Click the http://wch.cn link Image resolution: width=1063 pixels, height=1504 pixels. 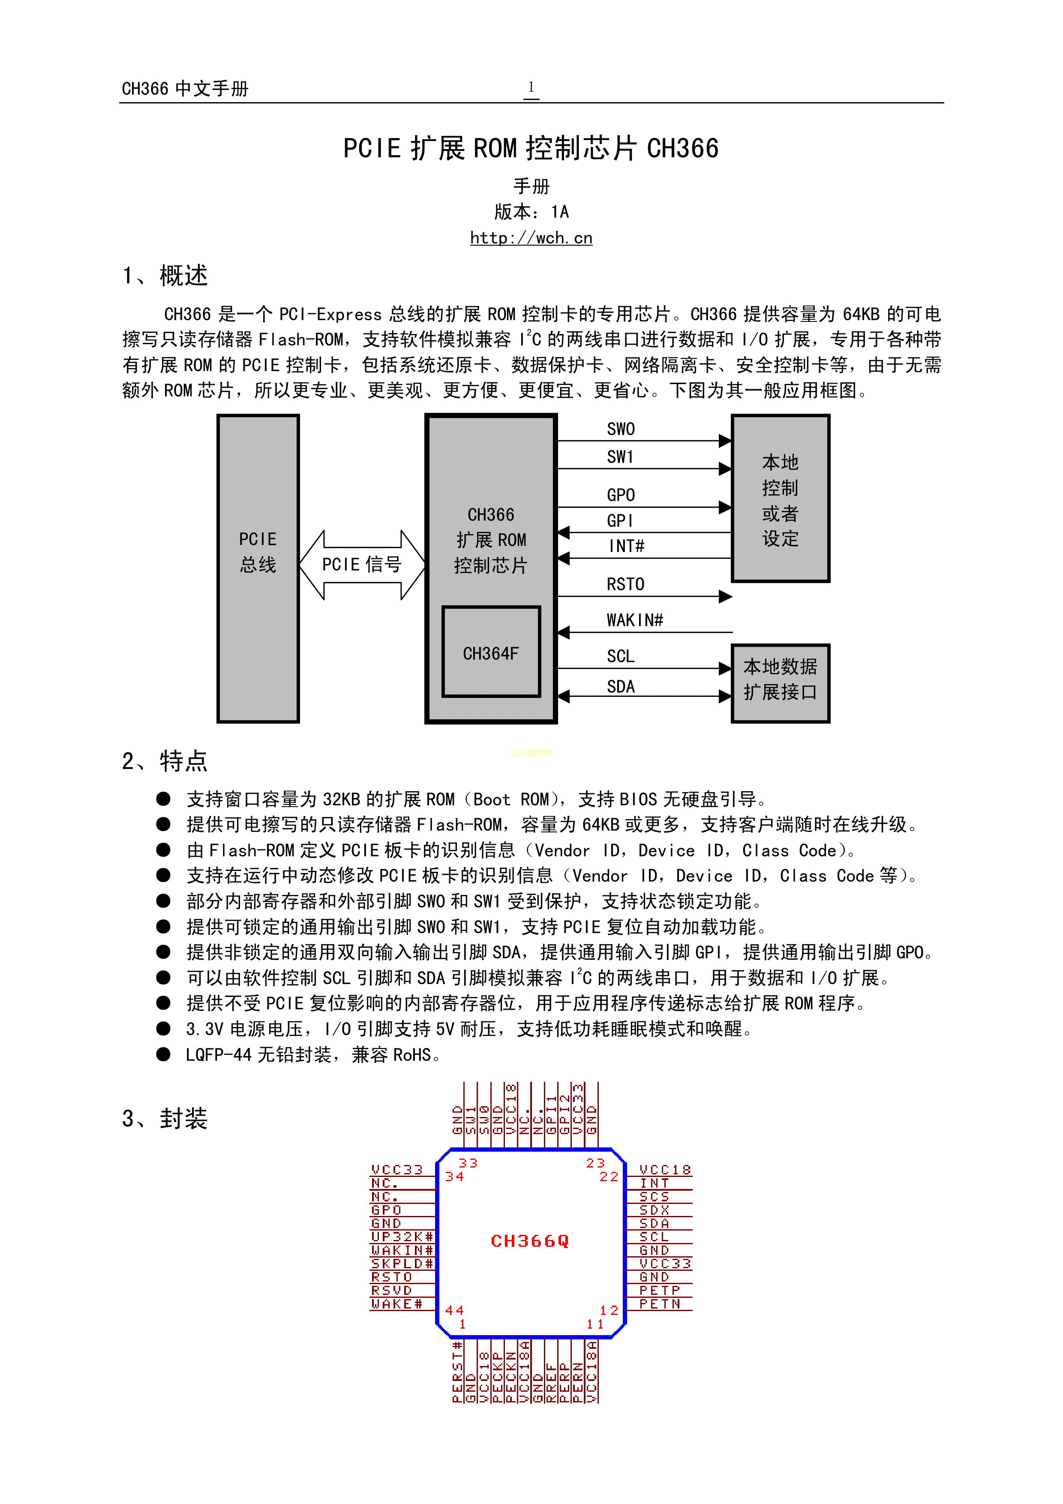click(x=531, y=238)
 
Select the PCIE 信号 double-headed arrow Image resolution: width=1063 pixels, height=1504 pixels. click(x=361, y=564)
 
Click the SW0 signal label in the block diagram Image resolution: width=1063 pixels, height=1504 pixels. click(x=620, y=429)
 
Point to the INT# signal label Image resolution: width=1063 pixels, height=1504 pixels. click(x=626, y=546)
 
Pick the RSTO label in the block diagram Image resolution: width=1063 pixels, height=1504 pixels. click(x=625, y=584)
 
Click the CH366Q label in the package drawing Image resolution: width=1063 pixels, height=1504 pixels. click(x=530, y=1241)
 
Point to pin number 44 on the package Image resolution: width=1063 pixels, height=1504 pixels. click(x=454, y=1310)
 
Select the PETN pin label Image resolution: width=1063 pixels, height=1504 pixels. click(x=660, y=1303)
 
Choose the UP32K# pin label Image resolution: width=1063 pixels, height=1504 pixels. click(x=402, y=1236)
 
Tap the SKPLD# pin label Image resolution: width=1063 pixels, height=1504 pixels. click(x=402, y=1263)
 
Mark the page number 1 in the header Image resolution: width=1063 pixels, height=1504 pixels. click(x=531, y=87)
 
